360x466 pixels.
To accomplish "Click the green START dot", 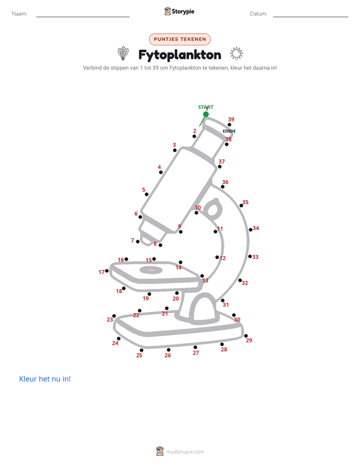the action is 206,114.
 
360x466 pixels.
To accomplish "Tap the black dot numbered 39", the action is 229,125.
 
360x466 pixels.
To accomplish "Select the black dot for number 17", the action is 107,271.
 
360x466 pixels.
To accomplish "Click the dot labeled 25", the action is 141,350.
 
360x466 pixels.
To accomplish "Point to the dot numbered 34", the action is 251,230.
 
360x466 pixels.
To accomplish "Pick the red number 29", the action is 249,340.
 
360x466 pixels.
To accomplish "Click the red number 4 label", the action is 159,167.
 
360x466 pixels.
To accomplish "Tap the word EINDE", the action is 229,131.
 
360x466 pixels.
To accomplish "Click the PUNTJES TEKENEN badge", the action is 179,39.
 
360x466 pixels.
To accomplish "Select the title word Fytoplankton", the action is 179,55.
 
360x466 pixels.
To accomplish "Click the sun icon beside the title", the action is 236,54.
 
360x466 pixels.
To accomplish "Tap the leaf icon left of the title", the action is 123,53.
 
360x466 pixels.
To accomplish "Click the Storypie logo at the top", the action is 179,11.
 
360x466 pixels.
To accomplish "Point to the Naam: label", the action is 20,14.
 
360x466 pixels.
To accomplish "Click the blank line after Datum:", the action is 311,17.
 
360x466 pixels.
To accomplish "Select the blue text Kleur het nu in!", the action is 45,379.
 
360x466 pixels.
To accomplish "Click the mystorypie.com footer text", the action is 185,452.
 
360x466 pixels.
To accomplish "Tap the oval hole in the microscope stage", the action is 151,270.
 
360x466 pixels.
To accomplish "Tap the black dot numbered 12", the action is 217,257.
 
